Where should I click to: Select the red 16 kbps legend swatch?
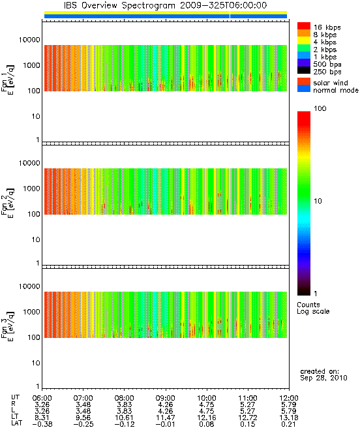pos(304,25)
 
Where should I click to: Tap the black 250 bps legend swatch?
pos(304,70)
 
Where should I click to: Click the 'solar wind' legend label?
pos(330,83)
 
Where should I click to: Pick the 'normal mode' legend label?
pos(335,90)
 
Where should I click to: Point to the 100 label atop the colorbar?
pos(320,109)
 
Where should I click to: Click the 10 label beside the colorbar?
pos(318,201)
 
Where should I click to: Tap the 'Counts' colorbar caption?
pos(308,305)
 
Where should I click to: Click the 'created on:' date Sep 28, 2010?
pos(323,378)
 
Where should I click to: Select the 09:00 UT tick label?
pos(166,398)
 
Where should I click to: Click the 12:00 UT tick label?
pos(289,398)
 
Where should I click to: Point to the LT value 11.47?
pos(166,418)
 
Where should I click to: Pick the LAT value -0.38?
pos(42,424)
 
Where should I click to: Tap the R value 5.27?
pos(248,405)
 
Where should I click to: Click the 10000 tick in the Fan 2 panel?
pos(29,163)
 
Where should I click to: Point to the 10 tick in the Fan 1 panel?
pos(36,116)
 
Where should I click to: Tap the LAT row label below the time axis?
pos(17,423)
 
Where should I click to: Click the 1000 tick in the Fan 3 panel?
pos(31,312)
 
